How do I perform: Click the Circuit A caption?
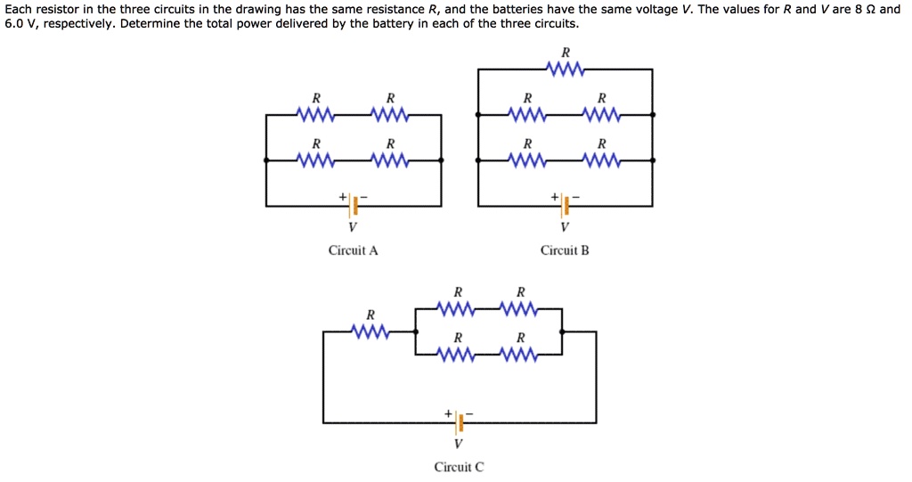pos(353,250)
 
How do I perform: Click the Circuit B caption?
pos(565,250)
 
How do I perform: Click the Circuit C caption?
pos(459,467)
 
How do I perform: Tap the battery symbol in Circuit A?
pos(354,206)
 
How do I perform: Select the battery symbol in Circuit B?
pos(565,206)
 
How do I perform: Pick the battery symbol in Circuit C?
pos(460,422)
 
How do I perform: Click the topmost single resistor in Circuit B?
pos(565,69)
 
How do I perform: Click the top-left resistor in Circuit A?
pos(315,115)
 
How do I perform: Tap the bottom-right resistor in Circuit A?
pos(390,161)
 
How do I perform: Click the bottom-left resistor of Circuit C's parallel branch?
pos(458,355)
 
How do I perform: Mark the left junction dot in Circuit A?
pos(266,160)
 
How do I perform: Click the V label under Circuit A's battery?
pos(354,226)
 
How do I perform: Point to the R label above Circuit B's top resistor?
pos(565,51)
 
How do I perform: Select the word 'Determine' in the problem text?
pos(148,24)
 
